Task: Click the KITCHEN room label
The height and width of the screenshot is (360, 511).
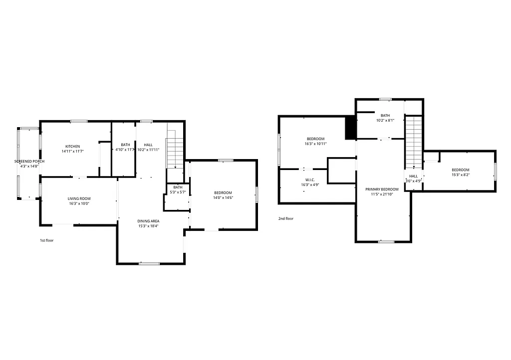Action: coord(72,146)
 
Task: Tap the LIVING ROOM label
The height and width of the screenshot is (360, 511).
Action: coord(79,198)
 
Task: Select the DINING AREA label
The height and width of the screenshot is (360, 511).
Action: coord(148,221)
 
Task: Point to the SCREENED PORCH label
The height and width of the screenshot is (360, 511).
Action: coord(29,162)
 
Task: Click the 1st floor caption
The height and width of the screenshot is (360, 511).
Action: coord(46,240)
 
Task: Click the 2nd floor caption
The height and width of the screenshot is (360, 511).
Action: coord(286,218)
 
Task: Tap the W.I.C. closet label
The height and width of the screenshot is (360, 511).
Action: coord(309,180)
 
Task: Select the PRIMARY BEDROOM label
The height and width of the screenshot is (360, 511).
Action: coord(382,189)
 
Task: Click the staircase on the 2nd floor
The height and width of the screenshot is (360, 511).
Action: coord(413,142)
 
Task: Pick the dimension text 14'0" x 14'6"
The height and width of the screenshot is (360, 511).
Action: coord(223,198)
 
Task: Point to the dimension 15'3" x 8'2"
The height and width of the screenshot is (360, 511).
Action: coord(460,175)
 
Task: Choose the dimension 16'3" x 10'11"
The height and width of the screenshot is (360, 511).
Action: coord(315,144)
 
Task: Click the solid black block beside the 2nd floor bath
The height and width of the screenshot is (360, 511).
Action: coord(350,128)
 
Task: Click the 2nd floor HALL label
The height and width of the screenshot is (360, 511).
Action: coord(414,176)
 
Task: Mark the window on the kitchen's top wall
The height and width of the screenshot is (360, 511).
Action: coord(78,121)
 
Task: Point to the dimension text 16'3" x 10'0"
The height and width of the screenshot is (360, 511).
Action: coord(79,203)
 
